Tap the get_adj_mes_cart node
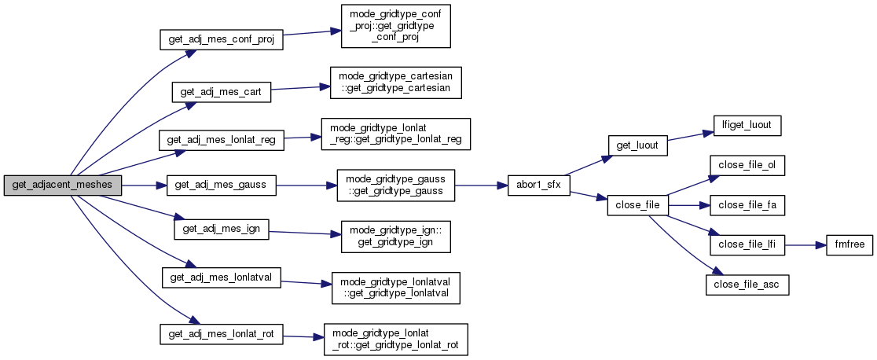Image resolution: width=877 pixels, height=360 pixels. (x=221, y=91)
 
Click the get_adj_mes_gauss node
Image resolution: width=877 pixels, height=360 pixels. (x=221, y=186)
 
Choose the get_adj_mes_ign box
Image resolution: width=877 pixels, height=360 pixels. (x=221, y=229)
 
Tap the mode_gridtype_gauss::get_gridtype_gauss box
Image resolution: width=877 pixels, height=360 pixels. (x=395, y=186)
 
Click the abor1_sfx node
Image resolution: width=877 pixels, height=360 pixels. (x=538, y=186)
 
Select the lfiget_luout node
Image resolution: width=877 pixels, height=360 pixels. (x=746, y=124)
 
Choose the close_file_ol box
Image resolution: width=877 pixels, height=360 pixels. (x=747, y=165)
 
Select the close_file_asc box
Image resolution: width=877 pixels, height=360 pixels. (x=747, y=285)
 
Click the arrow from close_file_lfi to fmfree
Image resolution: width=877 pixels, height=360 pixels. (x=802, y=245)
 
